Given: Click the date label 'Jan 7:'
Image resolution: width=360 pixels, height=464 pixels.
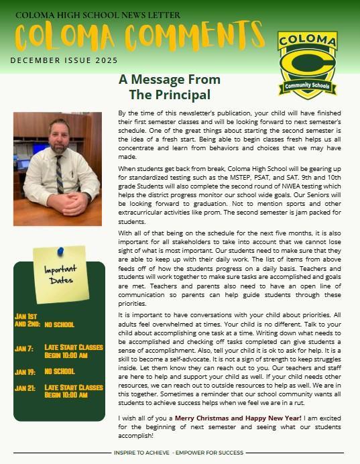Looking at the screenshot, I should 23,348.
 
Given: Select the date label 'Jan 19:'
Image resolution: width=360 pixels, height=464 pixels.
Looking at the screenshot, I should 25,371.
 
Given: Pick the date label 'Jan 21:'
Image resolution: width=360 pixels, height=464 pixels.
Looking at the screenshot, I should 24,388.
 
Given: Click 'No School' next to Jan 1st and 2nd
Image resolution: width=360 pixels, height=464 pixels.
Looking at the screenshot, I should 60,325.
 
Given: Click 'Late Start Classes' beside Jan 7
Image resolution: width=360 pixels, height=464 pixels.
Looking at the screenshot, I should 74,347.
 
